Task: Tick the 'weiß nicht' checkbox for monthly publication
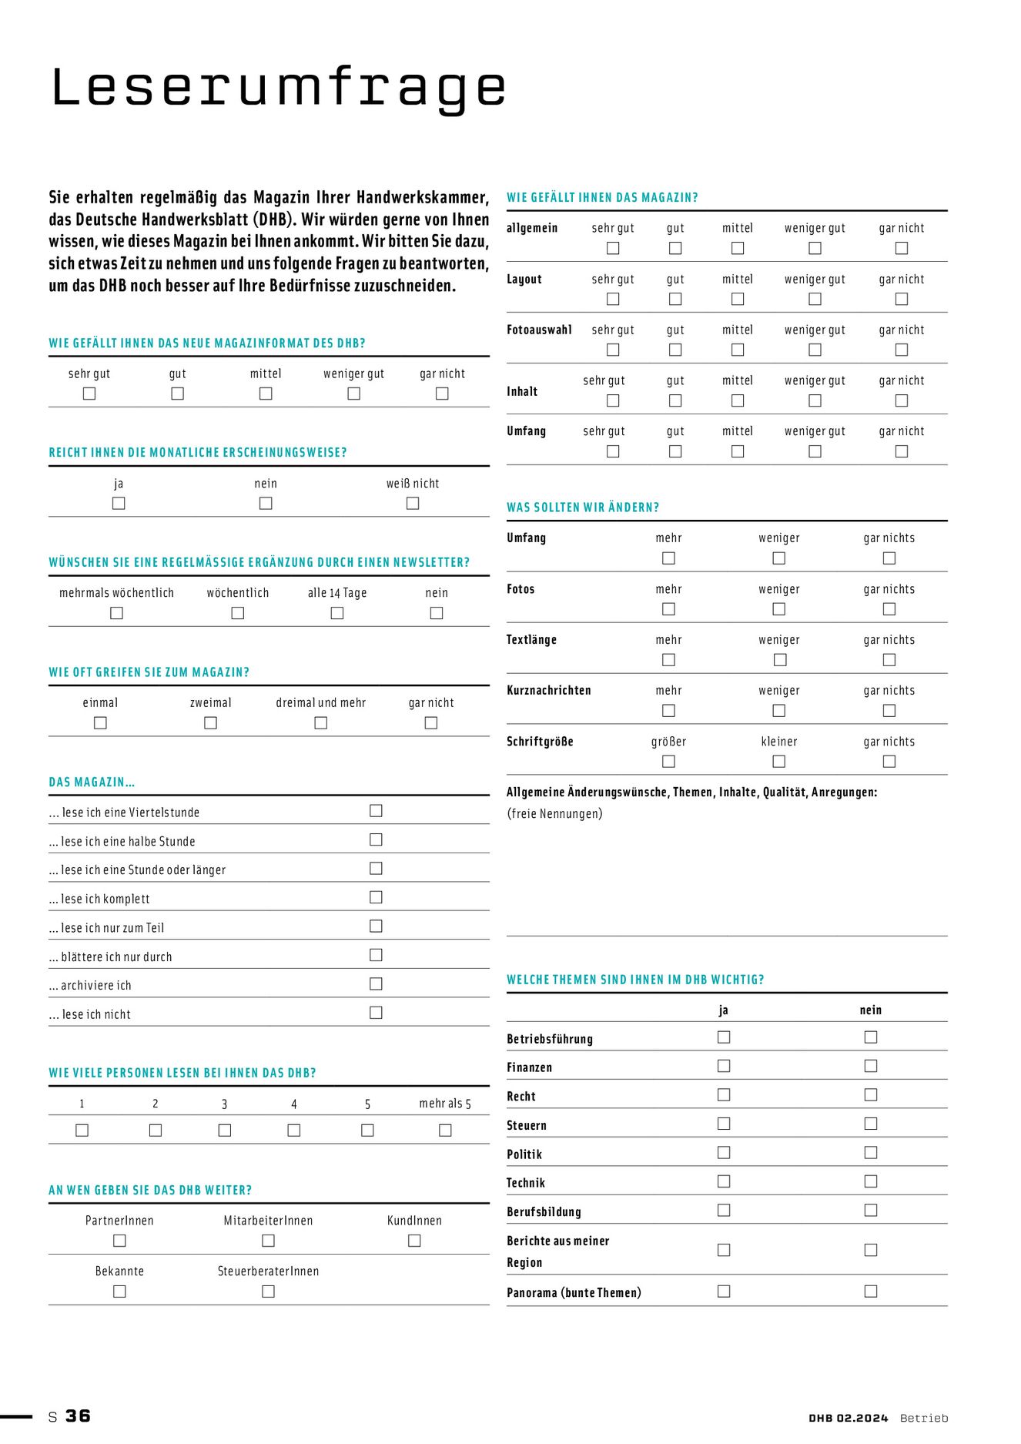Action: pos(413,503)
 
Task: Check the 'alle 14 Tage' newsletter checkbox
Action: pos(336,613)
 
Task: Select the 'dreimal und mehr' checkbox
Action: pos(320,722)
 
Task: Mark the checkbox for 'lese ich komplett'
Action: pos(376,897)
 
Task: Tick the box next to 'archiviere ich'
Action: pos(376,983)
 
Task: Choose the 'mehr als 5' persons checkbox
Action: pos(445,1130)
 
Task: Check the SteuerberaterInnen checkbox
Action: pos(268,1292)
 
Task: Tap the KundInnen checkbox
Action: pos(414,1241)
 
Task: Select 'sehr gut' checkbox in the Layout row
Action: pos(613,299)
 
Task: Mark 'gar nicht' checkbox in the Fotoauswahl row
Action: pos(902,350)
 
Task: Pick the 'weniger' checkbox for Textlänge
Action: pos(779,660)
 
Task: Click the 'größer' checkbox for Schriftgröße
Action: pos(668,762)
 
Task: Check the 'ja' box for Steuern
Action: pos(724,1124)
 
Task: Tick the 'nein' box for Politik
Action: pos(871,1153)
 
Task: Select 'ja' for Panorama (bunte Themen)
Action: pos(724,1292)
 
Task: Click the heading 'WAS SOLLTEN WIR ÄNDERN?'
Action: pos(583,508)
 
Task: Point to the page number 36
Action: pos(78,1416)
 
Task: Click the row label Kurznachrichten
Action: pos(548,691)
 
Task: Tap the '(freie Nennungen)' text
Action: pos(554,814)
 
